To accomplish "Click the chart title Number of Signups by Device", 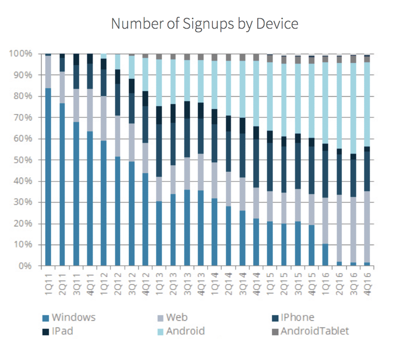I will click(204, 23).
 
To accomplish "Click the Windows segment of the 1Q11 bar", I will click(48, 177).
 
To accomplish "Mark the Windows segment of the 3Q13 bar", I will click(187, 228).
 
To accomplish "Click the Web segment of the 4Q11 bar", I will click(89, 110).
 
